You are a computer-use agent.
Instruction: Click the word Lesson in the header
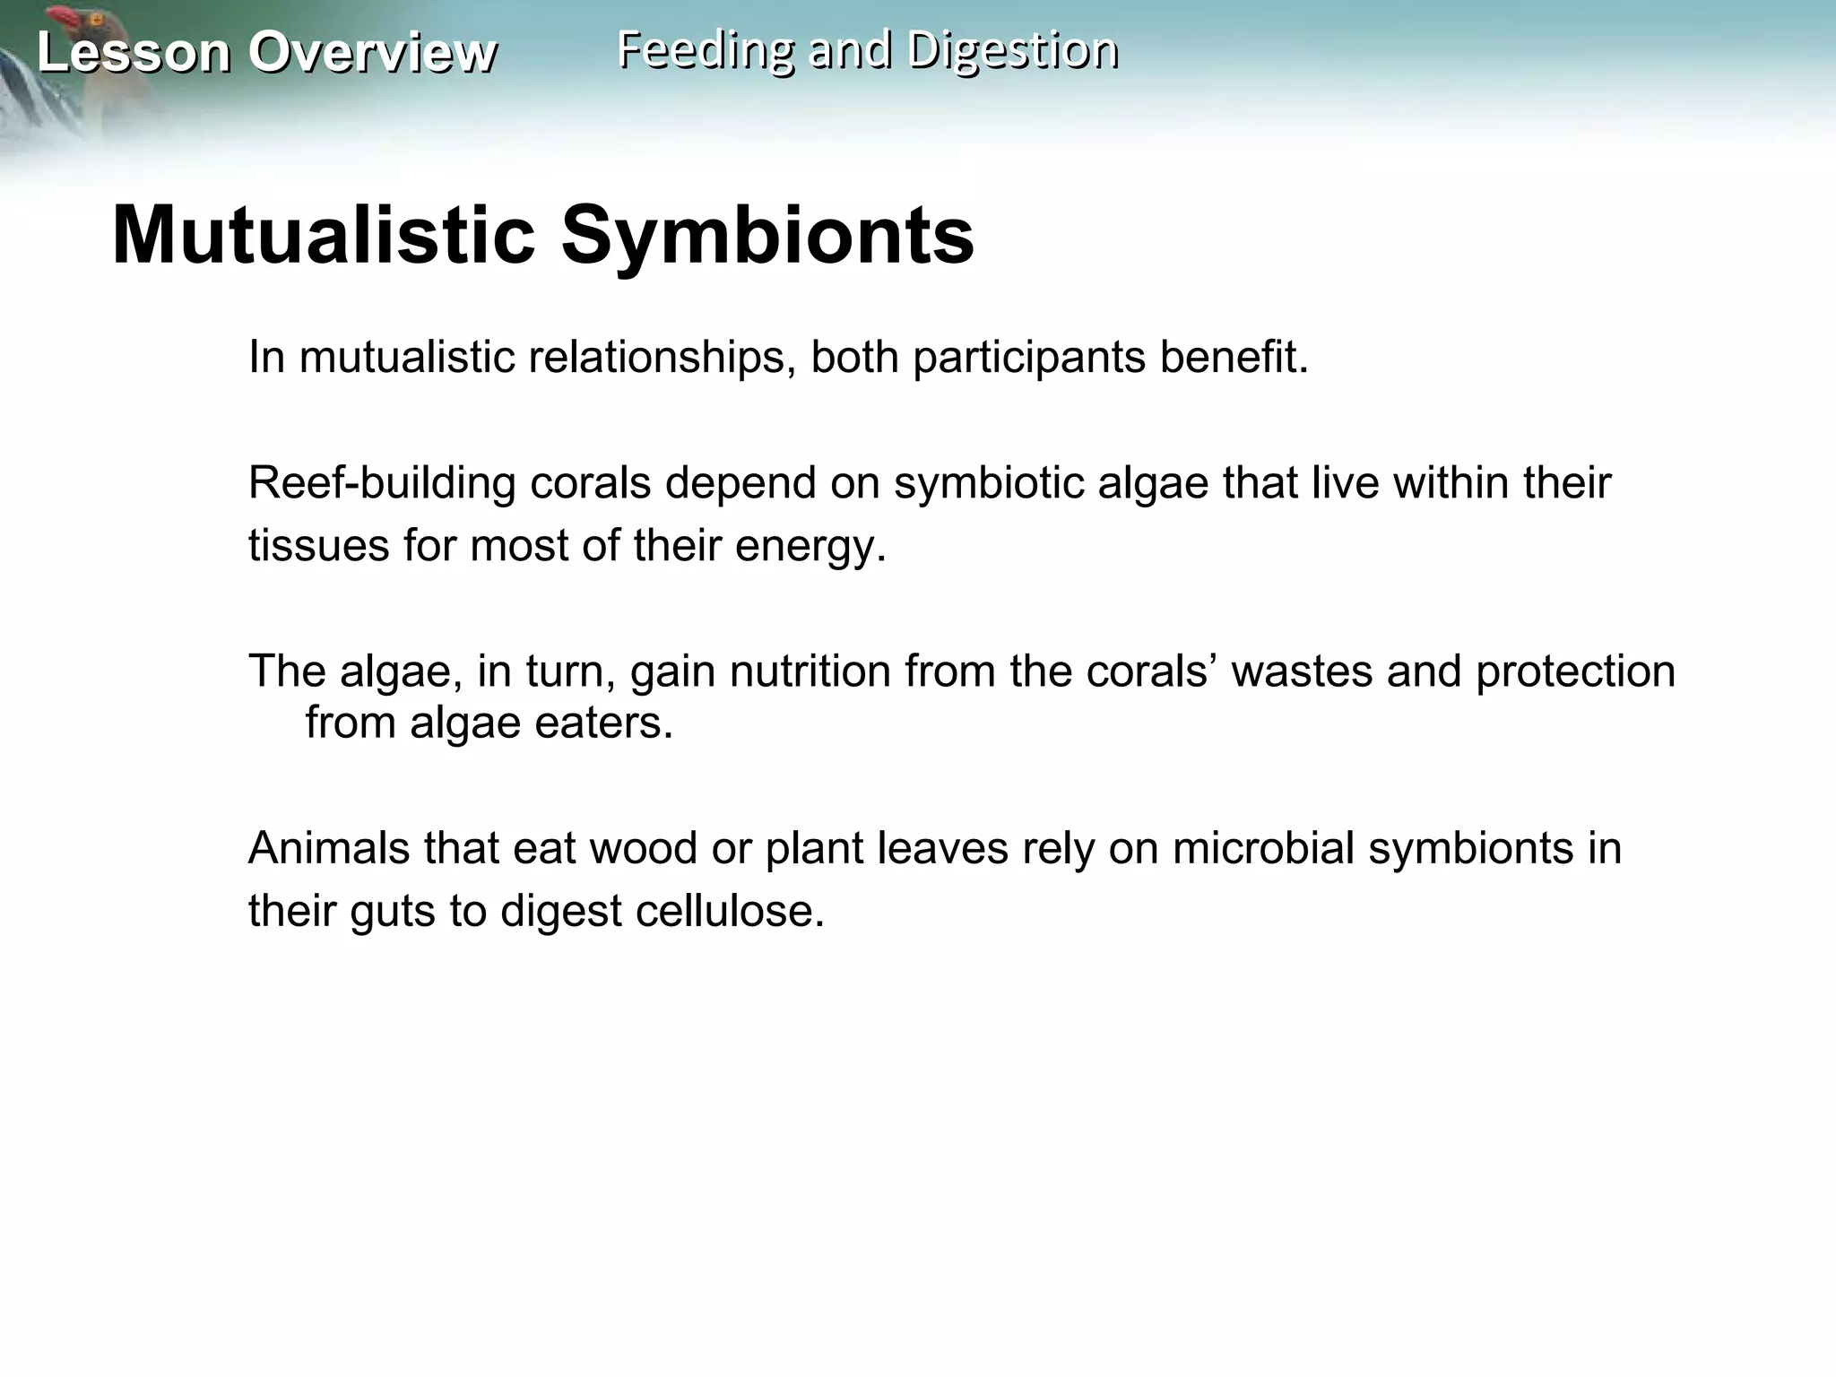[134, 52]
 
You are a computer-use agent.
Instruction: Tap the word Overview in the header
[372, 52]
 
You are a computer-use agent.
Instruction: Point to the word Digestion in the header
[1012, 50]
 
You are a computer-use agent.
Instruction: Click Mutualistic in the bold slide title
[324, 236]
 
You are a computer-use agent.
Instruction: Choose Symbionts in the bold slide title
[767, 236]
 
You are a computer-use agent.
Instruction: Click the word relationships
[663, 357]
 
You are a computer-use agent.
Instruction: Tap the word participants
[1029, 357]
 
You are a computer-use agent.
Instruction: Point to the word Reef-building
[382, 483]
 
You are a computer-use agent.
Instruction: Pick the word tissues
[318, 545]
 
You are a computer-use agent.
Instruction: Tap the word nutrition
[810, 671]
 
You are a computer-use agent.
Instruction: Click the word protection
[1575, 671]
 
